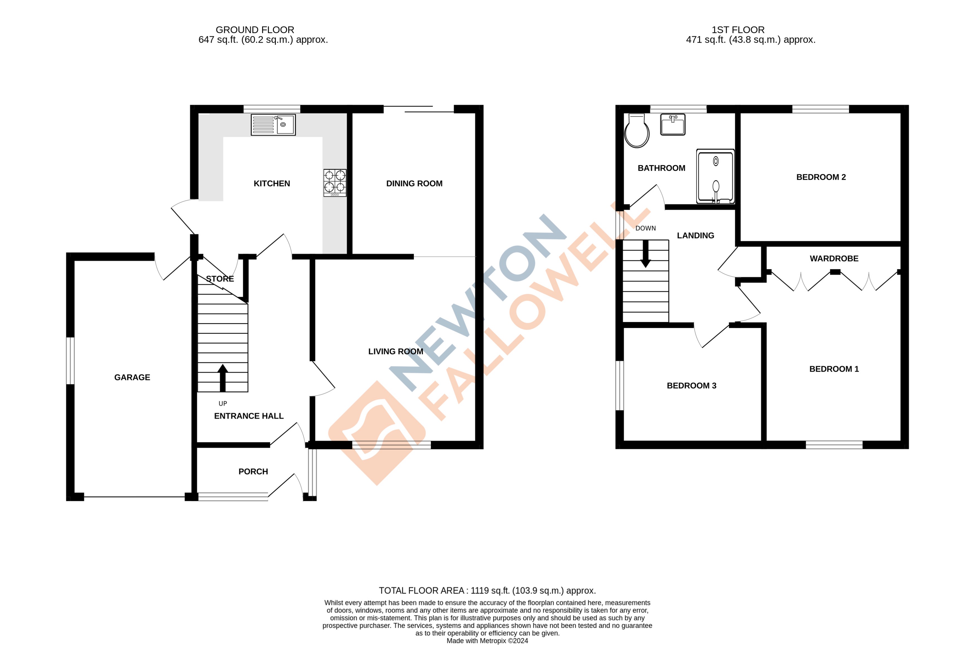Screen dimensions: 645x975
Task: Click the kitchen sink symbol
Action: coord(273,125)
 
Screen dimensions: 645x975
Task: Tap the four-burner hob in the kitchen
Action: coord(335,183)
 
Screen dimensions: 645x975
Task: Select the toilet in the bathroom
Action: coord(637,131)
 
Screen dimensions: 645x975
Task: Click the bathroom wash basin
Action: coord(673,125)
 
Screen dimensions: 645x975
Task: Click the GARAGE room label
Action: coord(132,377)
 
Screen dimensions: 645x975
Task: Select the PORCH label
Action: coord(253,471)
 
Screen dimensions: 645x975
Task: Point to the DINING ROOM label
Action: coord(414,184)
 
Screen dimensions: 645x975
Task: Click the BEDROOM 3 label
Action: coord(691,385)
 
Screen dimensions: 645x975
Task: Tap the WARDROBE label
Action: coord(834,258)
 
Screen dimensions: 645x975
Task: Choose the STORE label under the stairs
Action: coord(220,279)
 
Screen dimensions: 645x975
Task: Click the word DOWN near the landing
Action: coord(645,228)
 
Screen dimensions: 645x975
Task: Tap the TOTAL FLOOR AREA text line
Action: coord(487,591)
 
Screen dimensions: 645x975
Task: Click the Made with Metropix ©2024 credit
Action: coord(487,641)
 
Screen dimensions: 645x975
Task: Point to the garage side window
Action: coord(70,361)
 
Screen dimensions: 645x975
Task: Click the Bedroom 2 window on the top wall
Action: coord(820,109)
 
